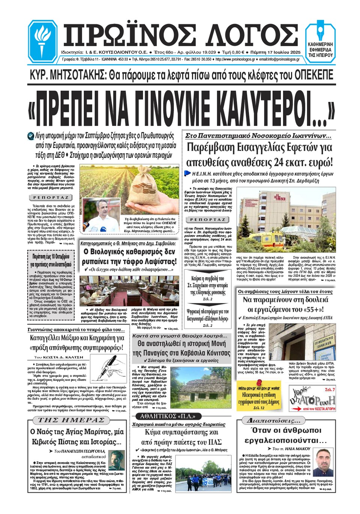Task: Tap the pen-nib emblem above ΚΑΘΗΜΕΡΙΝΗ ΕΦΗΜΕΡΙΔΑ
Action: pos(321,31)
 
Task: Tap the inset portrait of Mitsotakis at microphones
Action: pos(100,215)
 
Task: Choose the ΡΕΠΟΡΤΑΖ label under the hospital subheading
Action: pos(207,219)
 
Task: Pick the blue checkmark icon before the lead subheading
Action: pos(31,136)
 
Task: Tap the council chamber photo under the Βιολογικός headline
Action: pos(129,291)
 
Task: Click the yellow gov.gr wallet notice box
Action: pos(259,396)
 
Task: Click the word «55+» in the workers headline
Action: pos(313,309)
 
